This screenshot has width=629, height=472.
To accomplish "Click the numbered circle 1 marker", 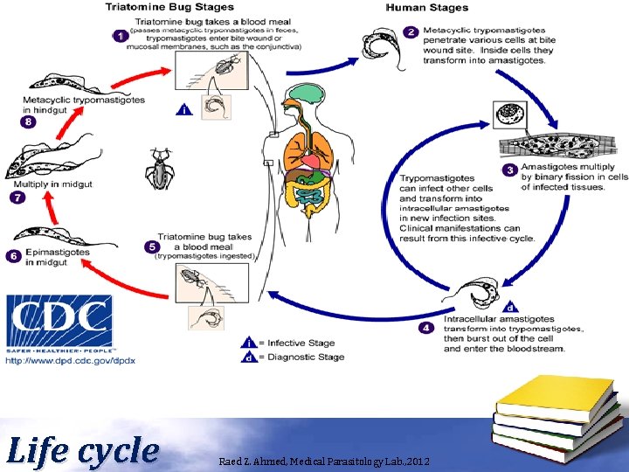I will pos(120,36).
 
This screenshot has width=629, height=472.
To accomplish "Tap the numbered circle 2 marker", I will pos(411,31).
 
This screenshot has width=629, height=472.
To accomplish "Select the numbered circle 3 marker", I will pos(508,170).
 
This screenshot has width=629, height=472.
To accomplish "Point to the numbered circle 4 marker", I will pos(425,328).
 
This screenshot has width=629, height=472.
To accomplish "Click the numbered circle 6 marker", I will pos(13,256).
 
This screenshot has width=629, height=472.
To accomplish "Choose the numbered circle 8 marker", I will pos(30,122).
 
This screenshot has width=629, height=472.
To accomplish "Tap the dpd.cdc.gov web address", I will pos(72,360).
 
